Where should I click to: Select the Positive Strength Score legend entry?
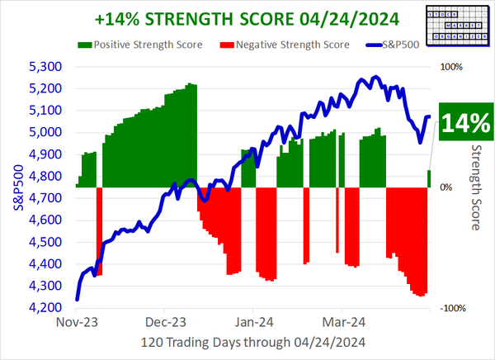pyautogui.click(x=139, y=44)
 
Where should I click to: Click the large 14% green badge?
pyautogui.click(x=465, y=123)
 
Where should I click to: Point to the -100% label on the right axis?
pyautogui.click(x=451, y=308)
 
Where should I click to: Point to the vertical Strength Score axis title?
pyautogui.click(x=477, y=187)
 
